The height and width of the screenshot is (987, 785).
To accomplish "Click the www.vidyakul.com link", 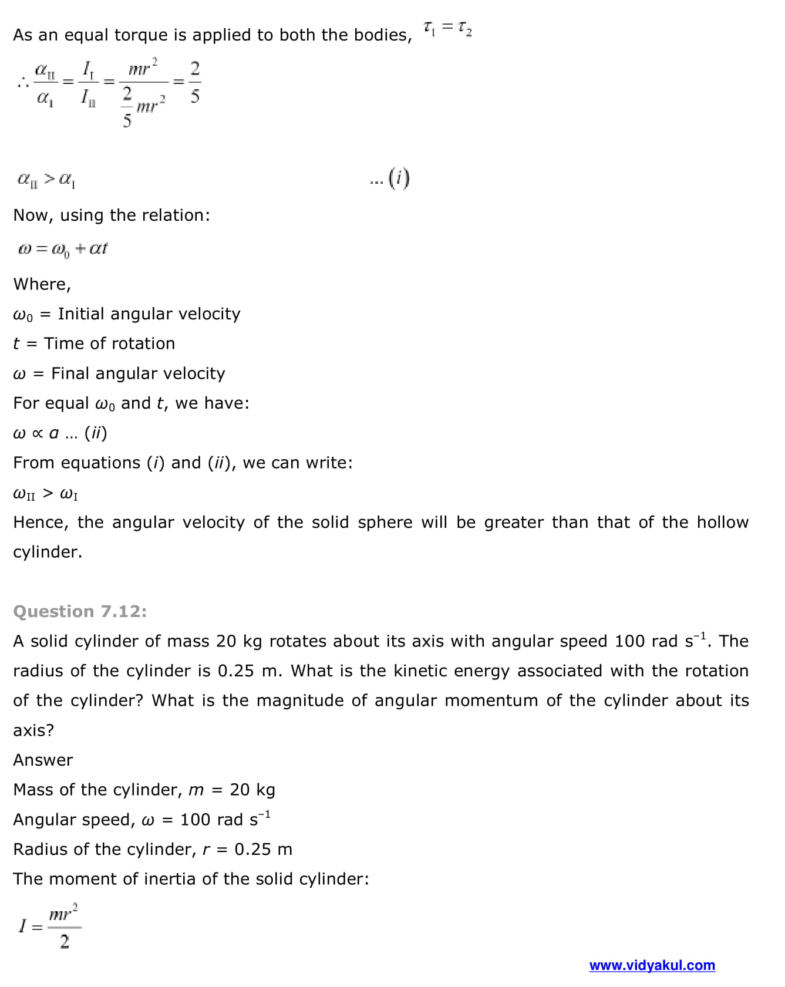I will (x=652, y=965).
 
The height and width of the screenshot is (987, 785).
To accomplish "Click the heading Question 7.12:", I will (x=80, y=611).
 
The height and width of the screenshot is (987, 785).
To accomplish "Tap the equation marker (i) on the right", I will (x=399, y=178).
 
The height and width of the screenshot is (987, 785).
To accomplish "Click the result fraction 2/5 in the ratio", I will (x=195, y=82).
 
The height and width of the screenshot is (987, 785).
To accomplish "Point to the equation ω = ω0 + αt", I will (x=63, y=249).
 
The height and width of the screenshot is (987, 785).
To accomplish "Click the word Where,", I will (x=42, y=284).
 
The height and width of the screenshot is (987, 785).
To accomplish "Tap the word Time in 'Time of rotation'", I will (x=64, y=343).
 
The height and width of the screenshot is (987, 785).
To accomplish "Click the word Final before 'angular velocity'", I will (x=70, y=373).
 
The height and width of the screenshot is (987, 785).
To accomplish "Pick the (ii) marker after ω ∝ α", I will (x=96, y=433).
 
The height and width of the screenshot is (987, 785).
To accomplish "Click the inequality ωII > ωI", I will (x=45, y=493).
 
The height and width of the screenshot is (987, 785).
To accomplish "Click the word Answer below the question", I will (x=43, y=760).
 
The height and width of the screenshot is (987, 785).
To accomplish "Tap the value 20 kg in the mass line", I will (x=252, y=790).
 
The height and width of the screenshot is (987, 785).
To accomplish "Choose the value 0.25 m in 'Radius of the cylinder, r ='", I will (x=263, y=849).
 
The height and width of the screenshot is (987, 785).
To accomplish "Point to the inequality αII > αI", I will (x=46, y=179).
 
